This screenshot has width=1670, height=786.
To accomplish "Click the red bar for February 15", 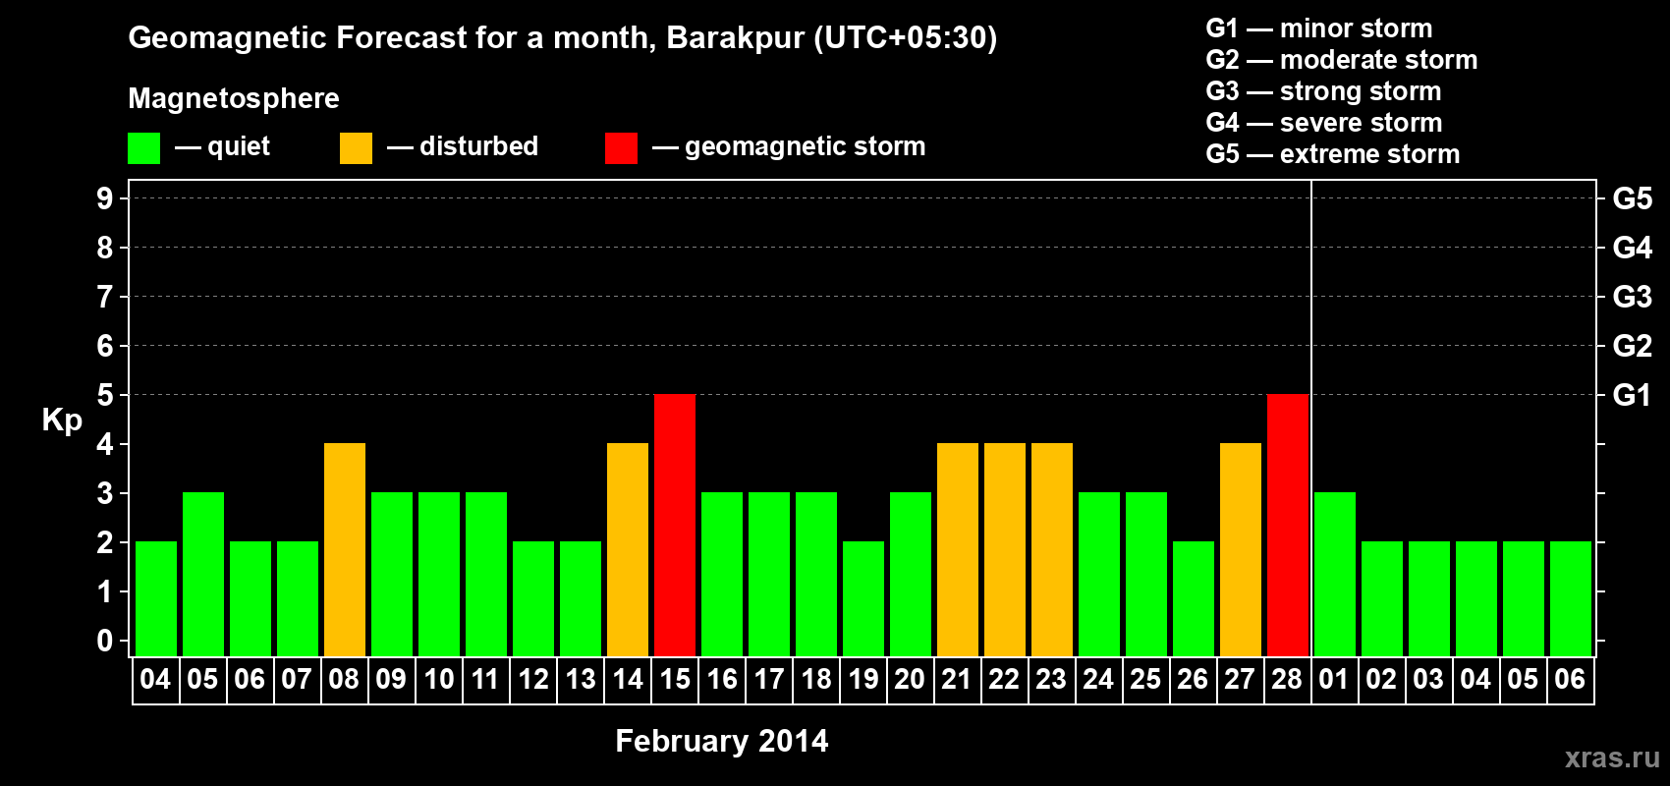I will coord(675,525).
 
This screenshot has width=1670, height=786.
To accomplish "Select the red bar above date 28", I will coord(1288,525).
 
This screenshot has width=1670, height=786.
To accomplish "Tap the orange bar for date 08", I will coord(345,549).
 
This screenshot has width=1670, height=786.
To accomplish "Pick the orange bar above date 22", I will coord(1005,549).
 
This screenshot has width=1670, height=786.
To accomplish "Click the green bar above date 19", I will coord(863,598).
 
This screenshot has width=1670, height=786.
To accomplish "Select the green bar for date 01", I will coord(1335,574).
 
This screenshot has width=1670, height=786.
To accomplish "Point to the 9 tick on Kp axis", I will coord(105,198).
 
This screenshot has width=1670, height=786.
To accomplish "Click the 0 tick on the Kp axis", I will coord(105,641).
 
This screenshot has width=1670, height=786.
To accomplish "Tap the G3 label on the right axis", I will coord(1632,297).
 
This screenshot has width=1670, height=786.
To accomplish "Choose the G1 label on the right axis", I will coord(1632,395).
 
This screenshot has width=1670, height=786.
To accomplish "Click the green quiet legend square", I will coord(144,148).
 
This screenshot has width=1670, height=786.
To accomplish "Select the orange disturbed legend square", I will coord(356,148).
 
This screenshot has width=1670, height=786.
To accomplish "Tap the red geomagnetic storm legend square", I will coord(621,148).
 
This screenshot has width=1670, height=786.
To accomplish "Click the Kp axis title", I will coord(62,420).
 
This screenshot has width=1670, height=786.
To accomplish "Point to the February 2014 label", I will coord(721,741).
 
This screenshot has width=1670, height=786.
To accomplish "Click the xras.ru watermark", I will coord(1611,758).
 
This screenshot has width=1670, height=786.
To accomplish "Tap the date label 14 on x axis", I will coord(628,679).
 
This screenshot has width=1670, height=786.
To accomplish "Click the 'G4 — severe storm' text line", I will coord(1323,123).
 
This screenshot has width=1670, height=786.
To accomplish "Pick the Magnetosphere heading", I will coord(234,98).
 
